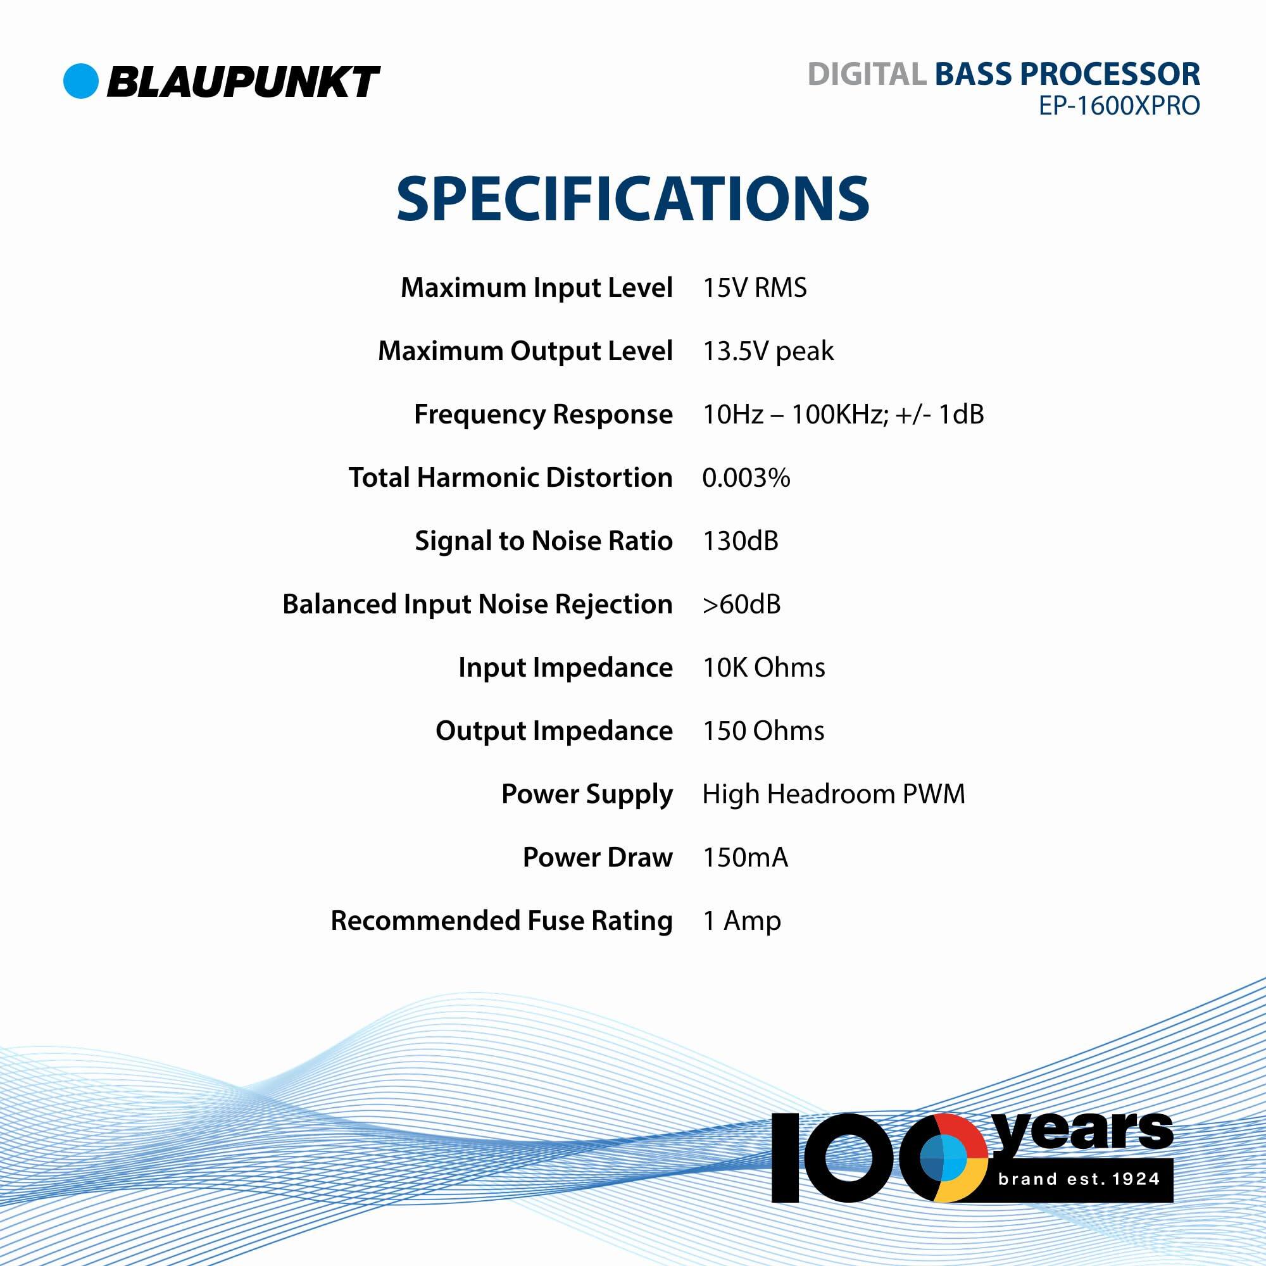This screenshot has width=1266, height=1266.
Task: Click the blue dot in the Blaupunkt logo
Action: click(80, 81)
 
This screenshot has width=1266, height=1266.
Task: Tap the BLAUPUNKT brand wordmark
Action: click(243, 82)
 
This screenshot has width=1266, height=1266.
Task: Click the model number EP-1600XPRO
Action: click(1119, 106)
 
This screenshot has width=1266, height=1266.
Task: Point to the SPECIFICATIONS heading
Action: click(632, 198)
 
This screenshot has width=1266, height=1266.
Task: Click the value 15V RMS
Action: click(755, 288)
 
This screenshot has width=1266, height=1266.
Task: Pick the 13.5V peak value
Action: click(768, 352)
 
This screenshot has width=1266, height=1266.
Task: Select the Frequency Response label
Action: click(542, 415)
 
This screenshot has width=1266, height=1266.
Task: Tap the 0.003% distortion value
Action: click(746, 478)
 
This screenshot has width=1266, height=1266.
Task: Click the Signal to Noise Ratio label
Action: click(543, 541)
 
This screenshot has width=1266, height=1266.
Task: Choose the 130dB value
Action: click(740, 541)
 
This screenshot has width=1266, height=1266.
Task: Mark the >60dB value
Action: click(741, 604)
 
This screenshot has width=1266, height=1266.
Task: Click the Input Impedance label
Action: click(565, 668)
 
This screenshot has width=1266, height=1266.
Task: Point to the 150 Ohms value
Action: click(763, 730)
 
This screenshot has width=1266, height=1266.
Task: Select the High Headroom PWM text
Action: click(833, 794)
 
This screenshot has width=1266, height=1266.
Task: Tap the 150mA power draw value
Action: click(744, 858)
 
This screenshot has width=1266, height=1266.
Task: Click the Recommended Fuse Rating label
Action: click(501, 920)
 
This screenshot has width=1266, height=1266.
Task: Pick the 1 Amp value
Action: click(741, 920)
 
